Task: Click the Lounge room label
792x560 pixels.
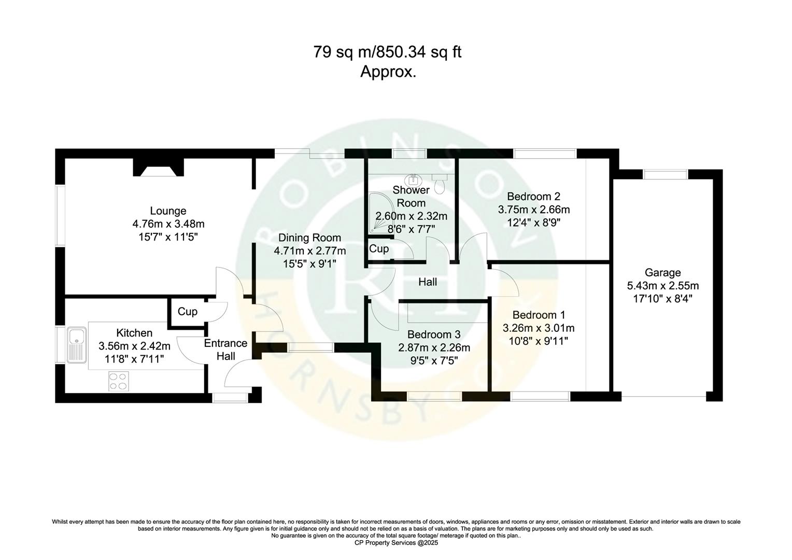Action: point(168,211)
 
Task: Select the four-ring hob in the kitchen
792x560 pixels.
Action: point(118,382)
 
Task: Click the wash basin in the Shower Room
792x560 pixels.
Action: point(414,180)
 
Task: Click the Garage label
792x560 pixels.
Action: point(662,273)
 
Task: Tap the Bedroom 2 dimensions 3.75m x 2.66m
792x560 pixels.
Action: point(533,210)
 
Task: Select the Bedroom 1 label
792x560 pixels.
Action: point(539,315)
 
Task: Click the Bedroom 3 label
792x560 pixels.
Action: point(433,334)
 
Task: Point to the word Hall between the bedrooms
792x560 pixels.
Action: point(428,282)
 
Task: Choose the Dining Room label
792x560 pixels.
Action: point(309,238)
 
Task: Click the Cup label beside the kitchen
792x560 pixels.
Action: point(187,312)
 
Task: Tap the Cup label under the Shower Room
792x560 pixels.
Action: point(379,249)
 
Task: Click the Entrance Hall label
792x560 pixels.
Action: point(225,349)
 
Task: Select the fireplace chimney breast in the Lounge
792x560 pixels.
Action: point(159,167)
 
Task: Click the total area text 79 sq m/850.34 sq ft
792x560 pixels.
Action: point(387,52)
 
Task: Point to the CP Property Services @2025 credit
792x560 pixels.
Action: point(396,543)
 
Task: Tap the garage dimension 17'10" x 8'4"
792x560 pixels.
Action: point(662,299)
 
